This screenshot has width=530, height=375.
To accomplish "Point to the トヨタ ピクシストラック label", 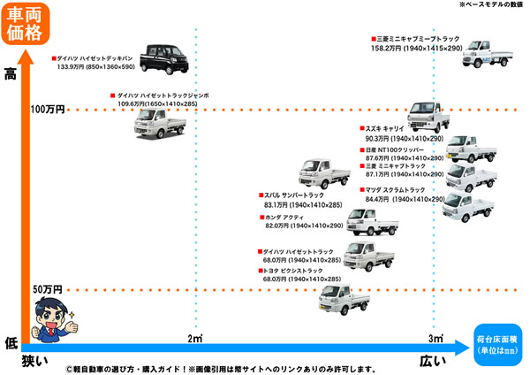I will [x=297, y=270].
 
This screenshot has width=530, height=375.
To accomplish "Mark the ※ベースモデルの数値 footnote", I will [x=491, y=5].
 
